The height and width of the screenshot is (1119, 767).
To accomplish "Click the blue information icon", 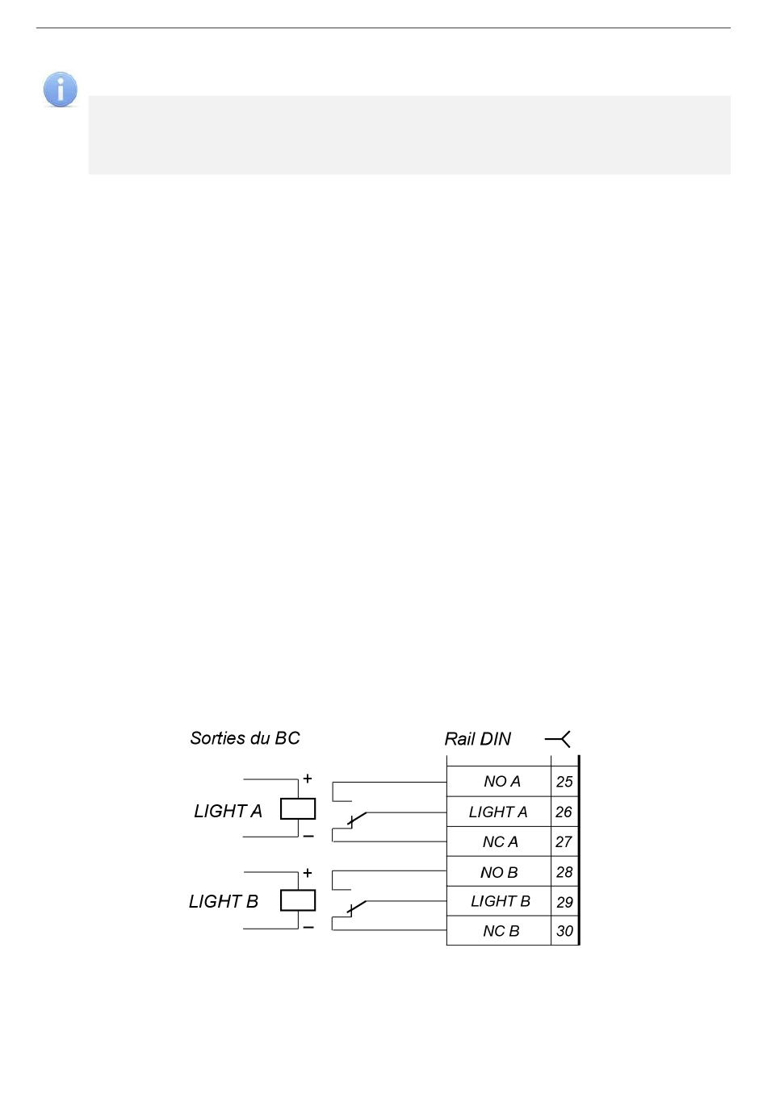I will click(60, 90).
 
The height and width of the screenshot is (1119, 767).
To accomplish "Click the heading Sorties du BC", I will click(245, 738).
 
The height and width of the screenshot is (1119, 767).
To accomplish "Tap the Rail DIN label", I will click(477, 739).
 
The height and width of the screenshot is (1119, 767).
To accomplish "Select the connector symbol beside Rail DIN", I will click(559, 738).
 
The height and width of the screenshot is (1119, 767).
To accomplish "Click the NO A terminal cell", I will click(501, 781).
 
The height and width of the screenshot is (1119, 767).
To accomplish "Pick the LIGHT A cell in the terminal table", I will click(498, 812).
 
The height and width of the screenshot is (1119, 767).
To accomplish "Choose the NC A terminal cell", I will click(500, 841).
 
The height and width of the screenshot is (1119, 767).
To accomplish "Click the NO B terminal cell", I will click(499, 872).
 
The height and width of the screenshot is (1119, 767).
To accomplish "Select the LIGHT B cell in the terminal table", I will click(500, 901).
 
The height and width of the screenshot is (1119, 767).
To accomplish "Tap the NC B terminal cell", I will click(501, 931).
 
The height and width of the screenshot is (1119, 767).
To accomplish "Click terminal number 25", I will click(564, 781).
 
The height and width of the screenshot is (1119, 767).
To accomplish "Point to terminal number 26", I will click(564, 812).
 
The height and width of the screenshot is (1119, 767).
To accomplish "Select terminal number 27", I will click(564, 841).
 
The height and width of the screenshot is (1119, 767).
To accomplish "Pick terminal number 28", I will click(564, 872).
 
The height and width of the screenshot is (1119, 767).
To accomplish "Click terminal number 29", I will click(564, 902).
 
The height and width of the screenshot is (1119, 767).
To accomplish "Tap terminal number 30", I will click(564, 931).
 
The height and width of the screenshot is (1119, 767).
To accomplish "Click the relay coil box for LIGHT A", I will click(298, 808).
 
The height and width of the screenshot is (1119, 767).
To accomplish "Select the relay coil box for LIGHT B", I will click(298, 900).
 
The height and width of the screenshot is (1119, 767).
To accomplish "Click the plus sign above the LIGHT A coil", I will click(308, 779).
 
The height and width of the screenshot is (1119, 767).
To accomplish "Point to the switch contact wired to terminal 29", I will click(356, 908).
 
